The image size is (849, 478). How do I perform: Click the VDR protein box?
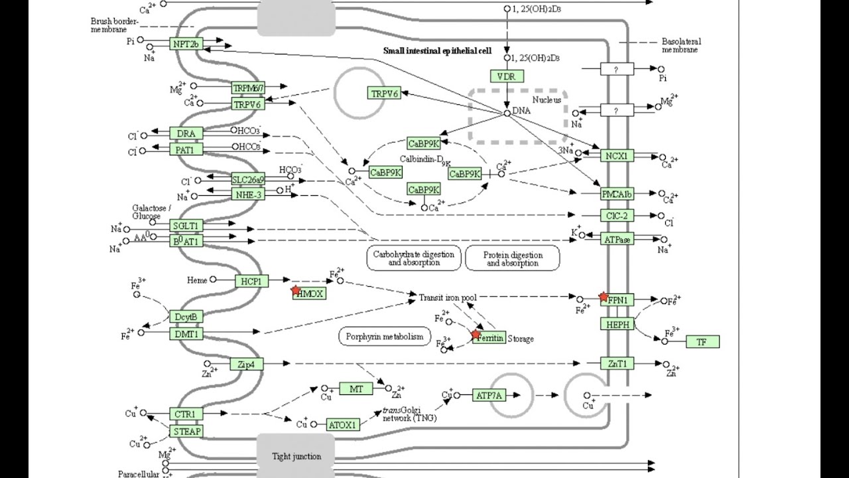coord(507,76)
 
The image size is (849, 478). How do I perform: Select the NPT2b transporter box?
coord(186,44)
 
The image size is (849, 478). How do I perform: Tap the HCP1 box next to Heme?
coord(251,281)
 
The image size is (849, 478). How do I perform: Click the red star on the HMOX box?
coord(296,290)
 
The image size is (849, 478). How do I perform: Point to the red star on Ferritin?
coord(476,335)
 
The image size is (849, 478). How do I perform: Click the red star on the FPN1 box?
coord(604,297)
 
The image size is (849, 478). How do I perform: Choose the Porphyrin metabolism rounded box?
coord(384,337)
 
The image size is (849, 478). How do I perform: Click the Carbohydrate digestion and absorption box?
coord(414,258)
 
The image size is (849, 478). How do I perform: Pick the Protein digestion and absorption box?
coord(512,258)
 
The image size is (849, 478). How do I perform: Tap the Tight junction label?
coord(296,456)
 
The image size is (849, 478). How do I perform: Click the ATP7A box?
coord(489,396)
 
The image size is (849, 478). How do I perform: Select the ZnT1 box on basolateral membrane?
coord(617,363)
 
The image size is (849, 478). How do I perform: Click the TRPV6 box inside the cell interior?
coord(385,94)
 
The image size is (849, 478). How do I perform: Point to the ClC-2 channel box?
coord(617,216)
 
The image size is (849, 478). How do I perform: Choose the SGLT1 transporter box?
coord(186,226)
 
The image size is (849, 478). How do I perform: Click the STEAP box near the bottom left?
coord(186,431)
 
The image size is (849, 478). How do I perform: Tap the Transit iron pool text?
coord(448,297)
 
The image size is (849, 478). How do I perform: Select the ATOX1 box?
coord(343,424)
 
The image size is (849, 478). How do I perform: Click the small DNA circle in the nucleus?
coord(507,114)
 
